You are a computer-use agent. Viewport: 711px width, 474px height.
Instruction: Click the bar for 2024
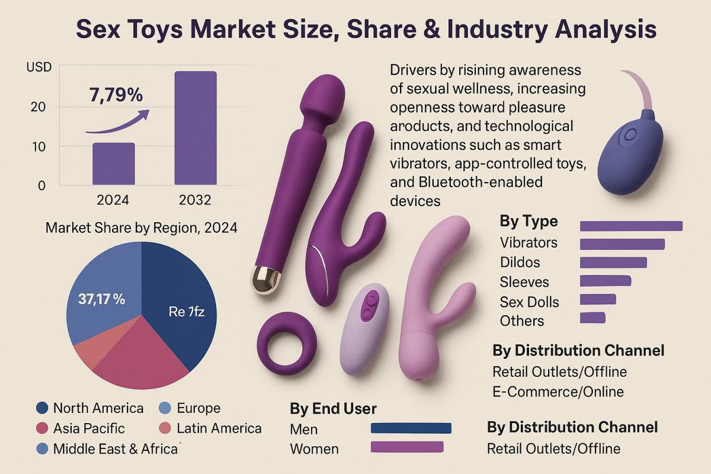[x=113, y=164]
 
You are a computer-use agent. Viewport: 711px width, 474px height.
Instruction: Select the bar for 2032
[x=195, y=127]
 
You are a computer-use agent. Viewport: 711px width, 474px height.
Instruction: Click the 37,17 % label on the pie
[x=101, y=299]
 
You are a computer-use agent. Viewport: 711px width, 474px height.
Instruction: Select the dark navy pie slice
[x=178, y=296]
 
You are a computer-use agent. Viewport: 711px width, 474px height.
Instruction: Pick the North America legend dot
[x=42, y=408]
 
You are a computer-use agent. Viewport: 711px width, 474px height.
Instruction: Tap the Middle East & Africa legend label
[x=116, y=449]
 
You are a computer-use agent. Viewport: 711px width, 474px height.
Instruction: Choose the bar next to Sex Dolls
[x=598, y=299]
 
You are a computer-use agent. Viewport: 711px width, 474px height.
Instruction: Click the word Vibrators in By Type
[x=529, y=242]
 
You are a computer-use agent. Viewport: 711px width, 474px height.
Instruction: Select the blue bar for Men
[x=411, y=428]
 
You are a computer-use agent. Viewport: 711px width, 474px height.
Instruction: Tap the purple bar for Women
[x=406, y=447]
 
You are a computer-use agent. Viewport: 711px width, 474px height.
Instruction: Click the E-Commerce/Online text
[x=558, y=392]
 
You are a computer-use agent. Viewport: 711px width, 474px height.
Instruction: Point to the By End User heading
[x=333, y=409]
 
